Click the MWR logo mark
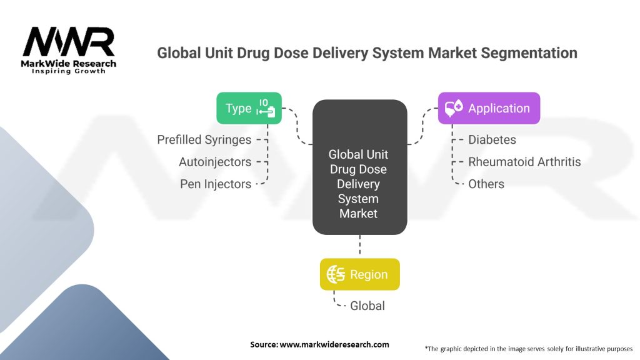tap(69, 42)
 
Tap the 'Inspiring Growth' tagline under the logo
tap(69, 71)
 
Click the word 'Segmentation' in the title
tap(529, 52)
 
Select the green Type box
tap(249, 108)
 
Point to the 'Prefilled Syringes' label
tap(204, 139)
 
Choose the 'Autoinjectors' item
tap(215, 162)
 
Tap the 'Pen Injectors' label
tap(216, 184)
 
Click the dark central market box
tap(359, 167)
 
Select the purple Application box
tap(488, 108)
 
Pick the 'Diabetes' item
tap(492, 139)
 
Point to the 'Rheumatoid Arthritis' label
tap(524, 162)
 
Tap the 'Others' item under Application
tap(486, 184)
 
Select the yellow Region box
tap(359, 274)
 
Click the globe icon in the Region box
tap(336, 274)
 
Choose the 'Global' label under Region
tap(367, 306)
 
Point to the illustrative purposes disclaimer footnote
tap(528, 348)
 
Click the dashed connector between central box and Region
tap(359, 246)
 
